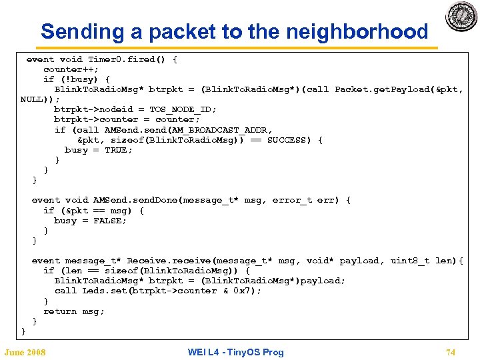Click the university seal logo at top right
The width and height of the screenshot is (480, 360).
461,16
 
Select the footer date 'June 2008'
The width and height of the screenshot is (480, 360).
25,352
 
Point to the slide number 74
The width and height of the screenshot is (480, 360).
450,352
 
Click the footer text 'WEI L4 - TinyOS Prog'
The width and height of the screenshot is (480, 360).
236,352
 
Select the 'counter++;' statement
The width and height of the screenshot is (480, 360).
71,69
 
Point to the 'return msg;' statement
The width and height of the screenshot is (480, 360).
74,311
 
